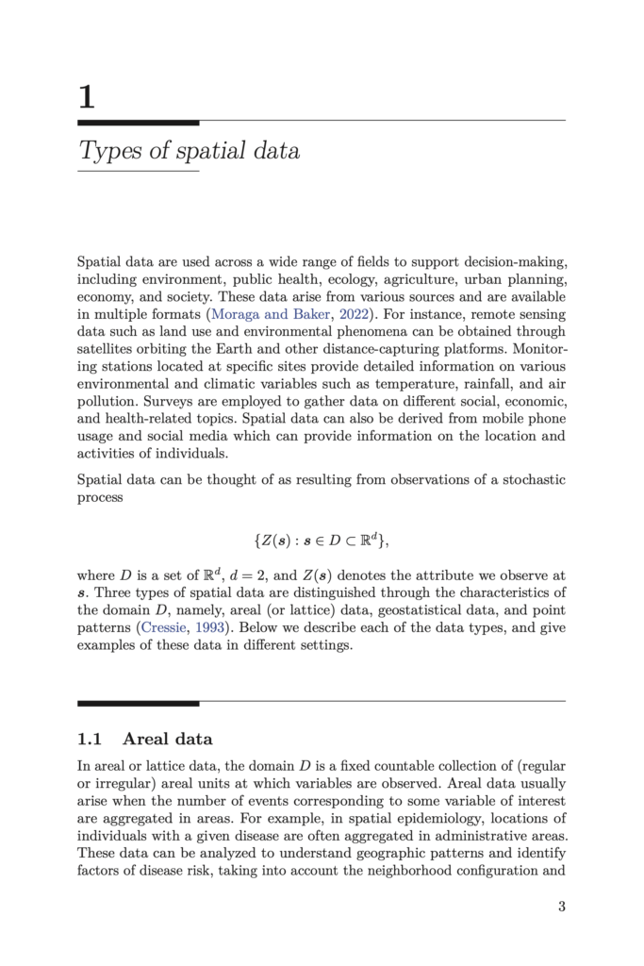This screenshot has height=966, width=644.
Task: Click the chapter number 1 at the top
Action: pyautogui.click(x=86, y=96)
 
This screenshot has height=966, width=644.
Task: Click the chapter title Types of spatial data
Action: pyautogui.click(x=189, y=151)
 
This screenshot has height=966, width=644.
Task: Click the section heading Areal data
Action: pyautogui.click(x=168, y=739)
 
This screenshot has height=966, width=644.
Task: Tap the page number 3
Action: pyautogui.click(x=561, y=907)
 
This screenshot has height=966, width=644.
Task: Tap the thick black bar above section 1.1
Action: pyautogui.click(x=138, y=703)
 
